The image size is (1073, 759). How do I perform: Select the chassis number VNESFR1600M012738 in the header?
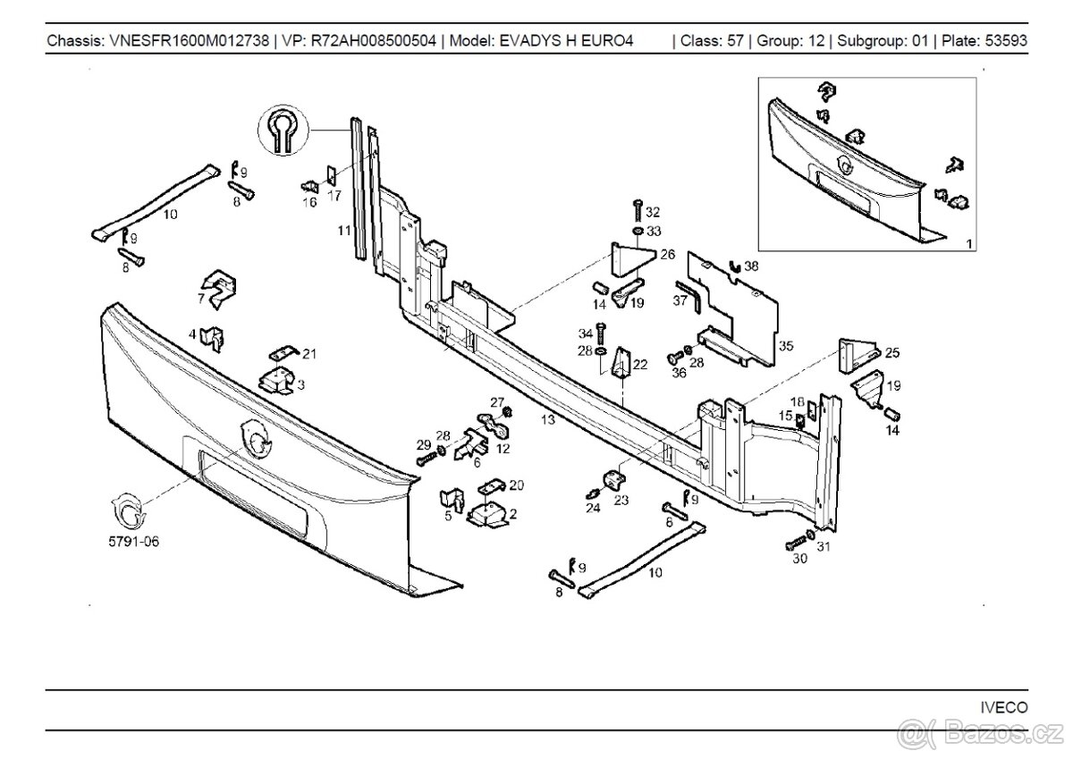tap(188, 41)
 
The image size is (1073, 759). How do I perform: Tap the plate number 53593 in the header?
tap(1007, 41)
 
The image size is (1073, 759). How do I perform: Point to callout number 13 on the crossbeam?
tap(548, 419)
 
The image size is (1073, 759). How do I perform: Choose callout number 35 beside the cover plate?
tap(785, 344)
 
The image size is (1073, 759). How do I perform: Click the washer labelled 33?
tap(636, 232)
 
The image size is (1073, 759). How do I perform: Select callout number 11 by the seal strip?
tap(343, 231)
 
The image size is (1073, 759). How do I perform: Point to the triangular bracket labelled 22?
tap(619, 364)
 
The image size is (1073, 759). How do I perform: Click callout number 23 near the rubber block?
tap(621, 501)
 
